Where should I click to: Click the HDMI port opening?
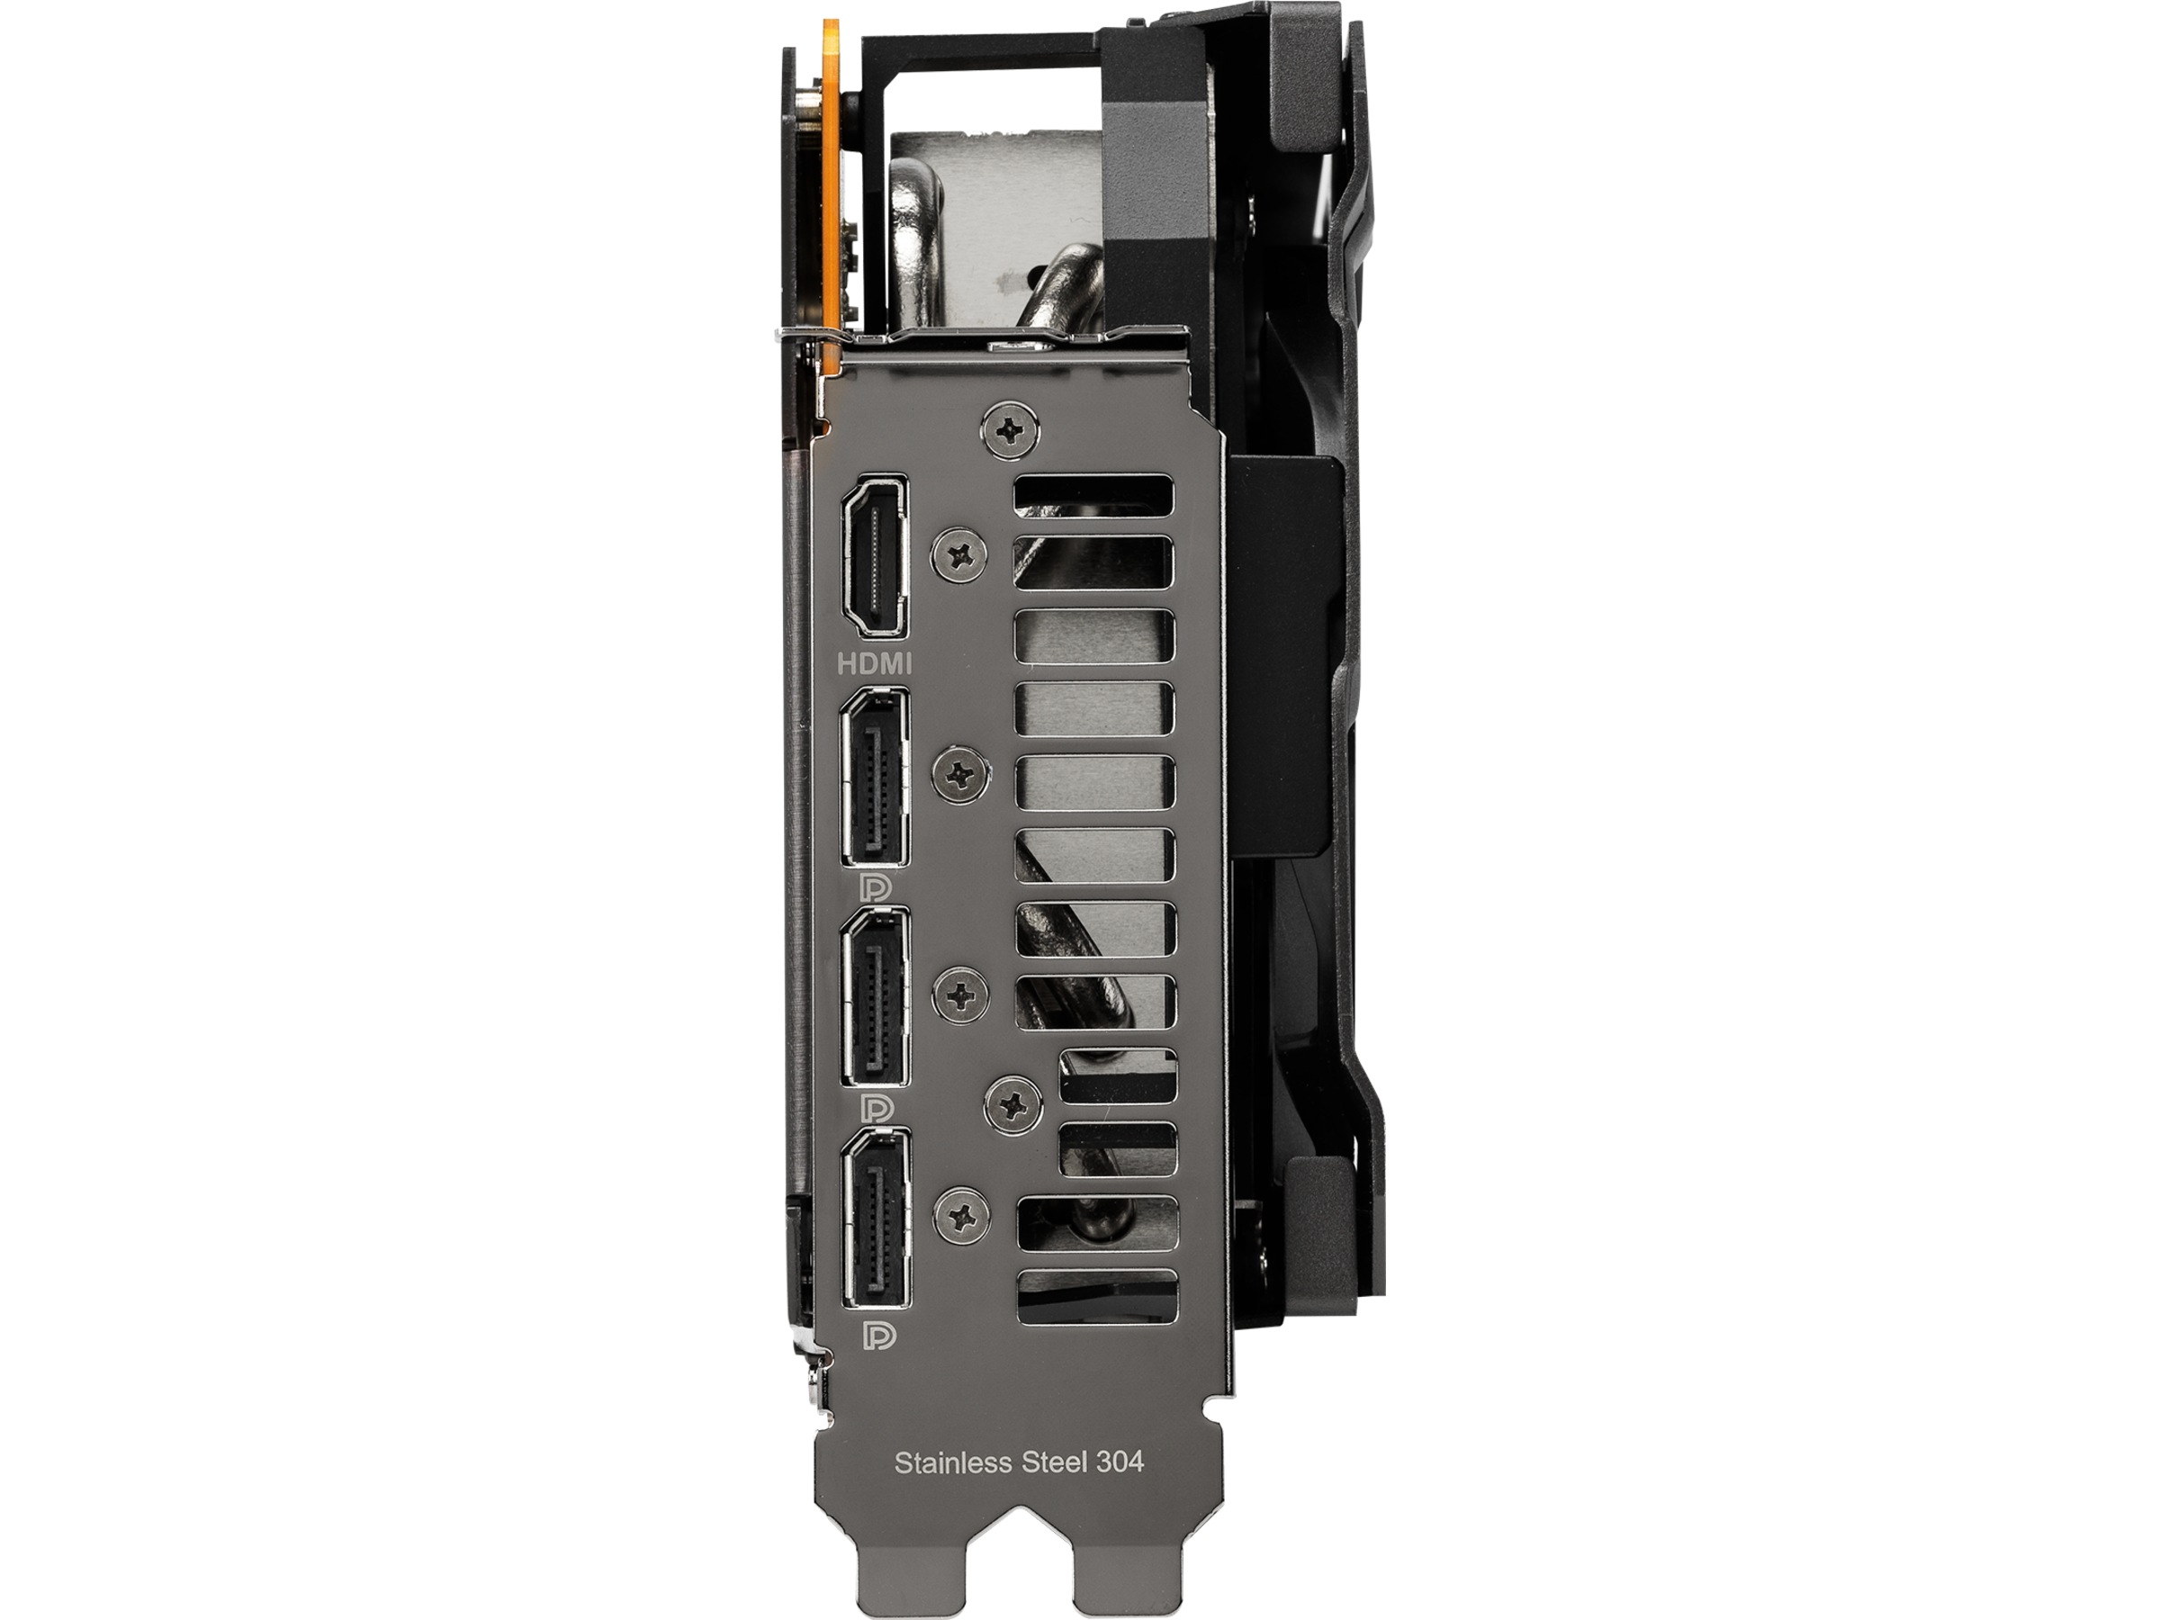point(875,555)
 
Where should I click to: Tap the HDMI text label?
point(875,665)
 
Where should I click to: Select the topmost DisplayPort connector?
point(875,778)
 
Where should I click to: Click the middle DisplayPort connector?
point(875,997)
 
